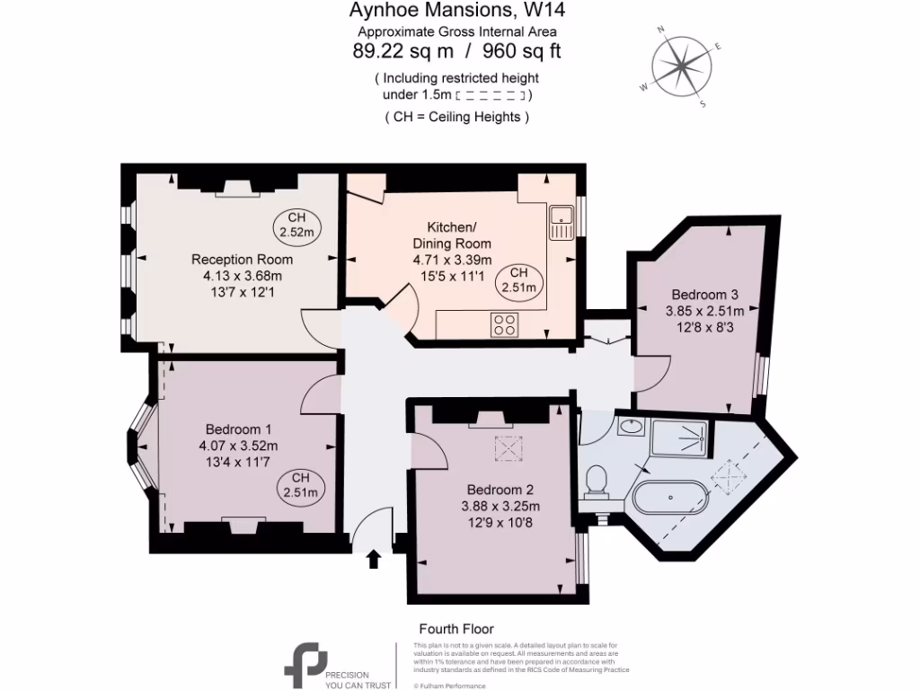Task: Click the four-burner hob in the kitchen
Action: pos(504,324)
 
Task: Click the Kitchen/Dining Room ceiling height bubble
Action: pos(519,281)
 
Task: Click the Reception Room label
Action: pos(242,260)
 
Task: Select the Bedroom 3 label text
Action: pos(704,295)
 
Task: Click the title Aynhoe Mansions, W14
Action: pos(456,12)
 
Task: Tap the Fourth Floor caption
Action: pos(456,629)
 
